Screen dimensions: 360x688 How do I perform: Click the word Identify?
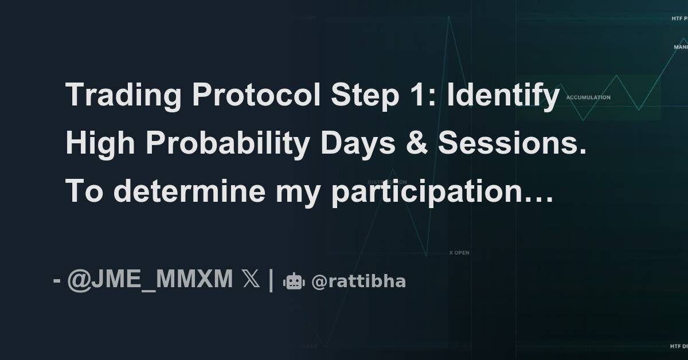click(503, 95)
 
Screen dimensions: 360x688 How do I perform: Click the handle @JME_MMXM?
click(150, 280)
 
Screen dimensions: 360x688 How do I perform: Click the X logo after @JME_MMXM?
click(251, 280)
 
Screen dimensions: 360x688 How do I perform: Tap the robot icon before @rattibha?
click(294, 281)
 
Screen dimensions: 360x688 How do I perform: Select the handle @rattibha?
click(358, 281)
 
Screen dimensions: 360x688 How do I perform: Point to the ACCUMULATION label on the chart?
click(588, 97)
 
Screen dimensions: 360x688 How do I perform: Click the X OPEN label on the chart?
click(459, 252)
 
